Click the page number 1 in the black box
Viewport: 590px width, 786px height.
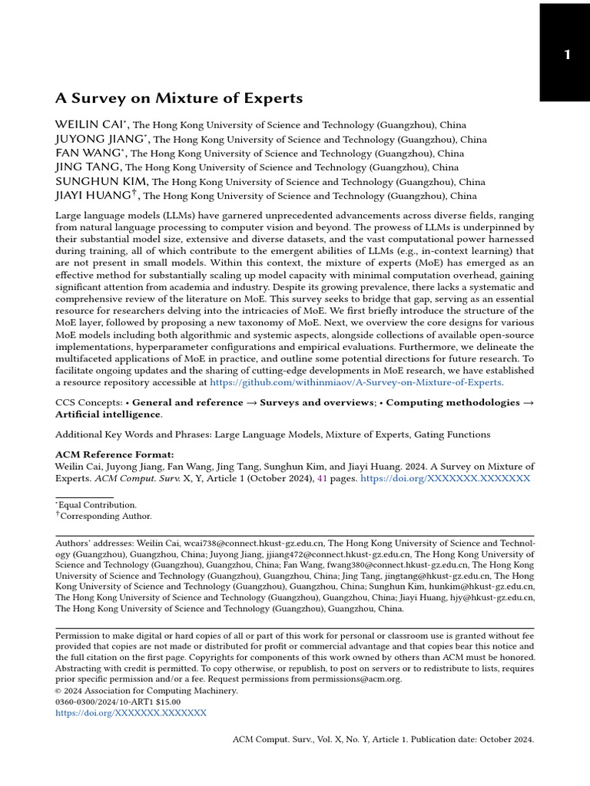point(567,54)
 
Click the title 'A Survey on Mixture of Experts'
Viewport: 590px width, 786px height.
point(179,99)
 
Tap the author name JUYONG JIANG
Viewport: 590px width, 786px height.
point(101,139)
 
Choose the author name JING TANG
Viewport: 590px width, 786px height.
point(88,167)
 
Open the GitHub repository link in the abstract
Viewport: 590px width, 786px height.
point(356,381)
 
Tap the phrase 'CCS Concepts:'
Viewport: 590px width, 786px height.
point(88,402)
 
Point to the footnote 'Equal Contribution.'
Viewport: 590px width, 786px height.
point(98,505)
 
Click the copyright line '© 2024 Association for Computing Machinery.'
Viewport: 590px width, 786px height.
point(147,690)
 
